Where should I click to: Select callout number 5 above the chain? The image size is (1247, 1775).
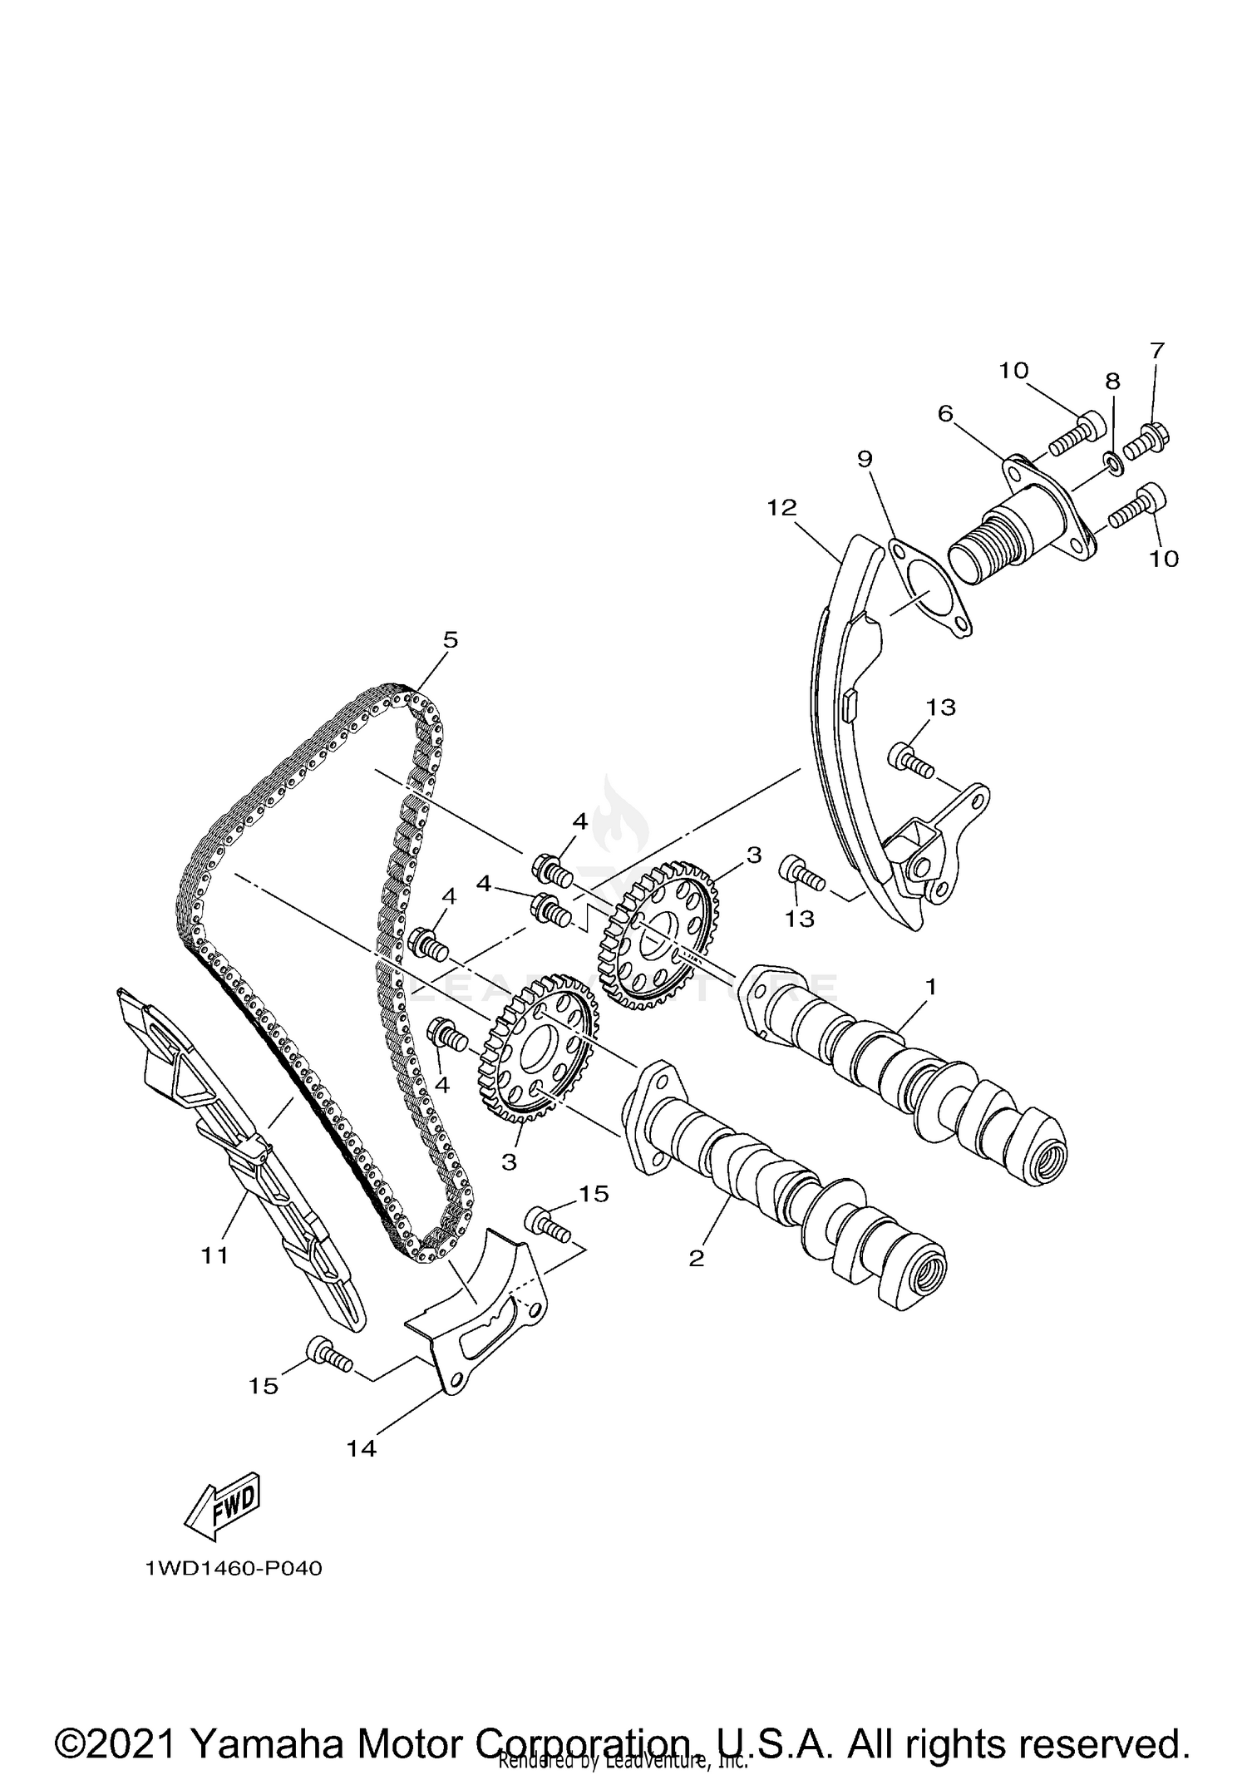point(450,640)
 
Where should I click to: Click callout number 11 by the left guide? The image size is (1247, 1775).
point(214,1255)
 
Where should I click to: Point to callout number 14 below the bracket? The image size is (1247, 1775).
point(362,1448)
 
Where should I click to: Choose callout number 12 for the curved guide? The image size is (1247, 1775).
point(781,507)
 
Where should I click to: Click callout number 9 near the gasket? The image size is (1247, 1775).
point(865,458)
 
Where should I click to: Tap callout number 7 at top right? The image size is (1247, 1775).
point(1157,351)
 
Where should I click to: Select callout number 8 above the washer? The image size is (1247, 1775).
point(1112,382)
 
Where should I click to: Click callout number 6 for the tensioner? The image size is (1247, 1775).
point(945,413)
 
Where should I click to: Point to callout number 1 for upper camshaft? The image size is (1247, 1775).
point(931,987)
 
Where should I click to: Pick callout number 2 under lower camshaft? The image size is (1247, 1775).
point(697,1258)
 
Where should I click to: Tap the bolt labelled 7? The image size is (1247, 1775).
point(1151,435)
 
